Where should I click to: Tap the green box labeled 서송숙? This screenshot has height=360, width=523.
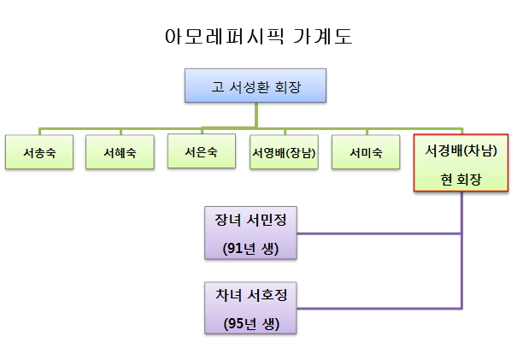click(40, 153)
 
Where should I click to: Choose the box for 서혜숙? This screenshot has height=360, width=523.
click(120, 153)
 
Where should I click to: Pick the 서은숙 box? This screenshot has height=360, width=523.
click(201, 151)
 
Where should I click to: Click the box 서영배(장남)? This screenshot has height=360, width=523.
click(284, 153)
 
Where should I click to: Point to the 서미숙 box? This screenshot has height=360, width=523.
click(366, 153)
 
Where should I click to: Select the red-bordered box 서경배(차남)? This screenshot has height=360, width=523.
click(461, 163)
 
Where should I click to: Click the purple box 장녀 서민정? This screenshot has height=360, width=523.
click(250, 233)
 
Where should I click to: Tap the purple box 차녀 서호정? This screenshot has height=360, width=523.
click(250, 307)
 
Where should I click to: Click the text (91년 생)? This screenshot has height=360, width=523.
click(250, 249)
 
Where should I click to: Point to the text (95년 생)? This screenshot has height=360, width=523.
click(250, 323)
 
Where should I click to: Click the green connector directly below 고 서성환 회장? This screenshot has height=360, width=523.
click(256, 115)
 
